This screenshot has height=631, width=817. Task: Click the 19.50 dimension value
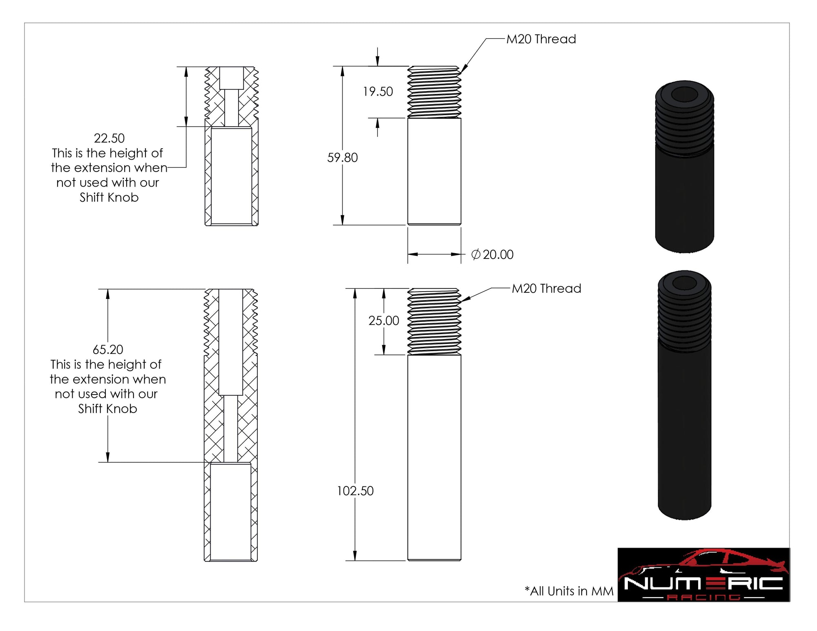[x=378, y=91]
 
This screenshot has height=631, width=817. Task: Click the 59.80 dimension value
[x=342, y=158]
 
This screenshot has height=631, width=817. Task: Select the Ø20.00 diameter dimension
[x=492, y=254]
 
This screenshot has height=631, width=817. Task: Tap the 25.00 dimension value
[x=384, y=321]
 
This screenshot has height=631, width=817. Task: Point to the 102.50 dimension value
[x=355, y=491]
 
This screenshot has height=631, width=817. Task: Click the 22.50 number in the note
[x=109, y=138]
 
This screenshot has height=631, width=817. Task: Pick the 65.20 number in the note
[x=108, y=350]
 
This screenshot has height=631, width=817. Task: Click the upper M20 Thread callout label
[x=541, y=39]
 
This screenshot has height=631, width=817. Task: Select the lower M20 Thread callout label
[x=546, y=289]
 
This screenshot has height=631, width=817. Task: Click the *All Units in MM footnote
[x=569, y=591]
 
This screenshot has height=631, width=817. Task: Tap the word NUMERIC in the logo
[x=703, y=583]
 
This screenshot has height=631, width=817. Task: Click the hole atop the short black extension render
[x=685, y=95]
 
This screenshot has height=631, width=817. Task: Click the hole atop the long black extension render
[x=685, y=283]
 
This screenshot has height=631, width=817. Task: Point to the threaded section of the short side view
[x=434, y=92]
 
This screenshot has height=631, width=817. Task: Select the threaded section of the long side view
[x=434, y=321]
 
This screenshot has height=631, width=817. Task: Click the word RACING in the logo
[x=703, y=598]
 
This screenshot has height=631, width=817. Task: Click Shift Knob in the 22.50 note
[x=109, y=198]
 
